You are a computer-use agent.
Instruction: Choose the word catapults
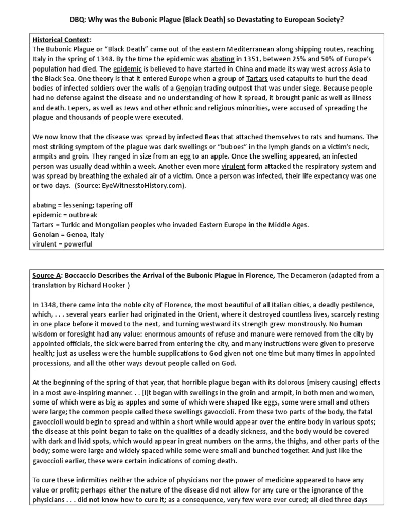pos(289,78)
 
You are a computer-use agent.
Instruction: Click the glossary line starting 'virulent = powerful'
pos(62,244)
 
